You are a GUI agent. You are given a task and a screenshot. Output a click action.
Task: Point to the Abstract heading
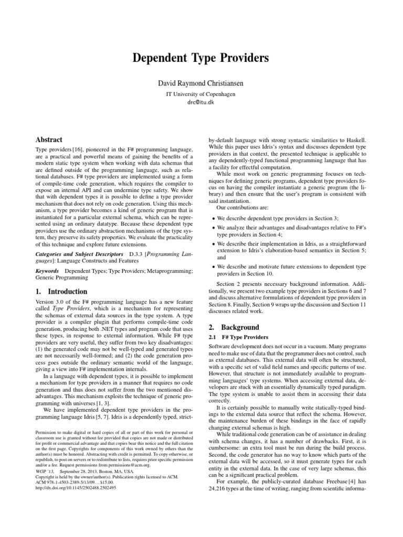point(48,140)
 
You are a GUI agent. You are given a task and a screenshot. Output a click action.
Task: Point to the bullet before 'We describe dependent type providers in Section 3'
point(212,218)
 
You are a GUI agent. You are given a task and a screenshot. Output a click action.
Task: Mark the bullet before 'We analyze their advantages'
point(212,229)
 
